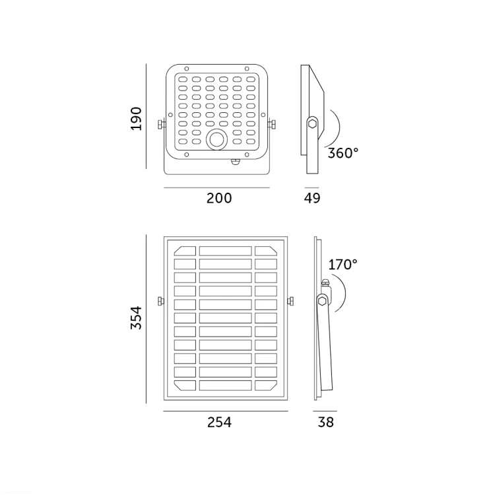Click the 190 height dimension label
coord(137,119)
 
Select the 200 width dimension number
coord(219,198)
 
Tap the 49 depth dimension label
coord(312,198)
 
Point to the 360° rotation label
coord(343,153)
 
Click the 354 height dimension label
coord(137,317)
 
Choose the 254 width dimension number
coord(219,422)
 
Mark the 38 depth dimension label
coord(326,422)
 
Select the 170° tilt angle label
coord(343,265)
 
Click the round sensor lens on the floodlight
coord(216,139)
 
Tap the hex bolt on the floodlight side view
coord(312,123)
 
